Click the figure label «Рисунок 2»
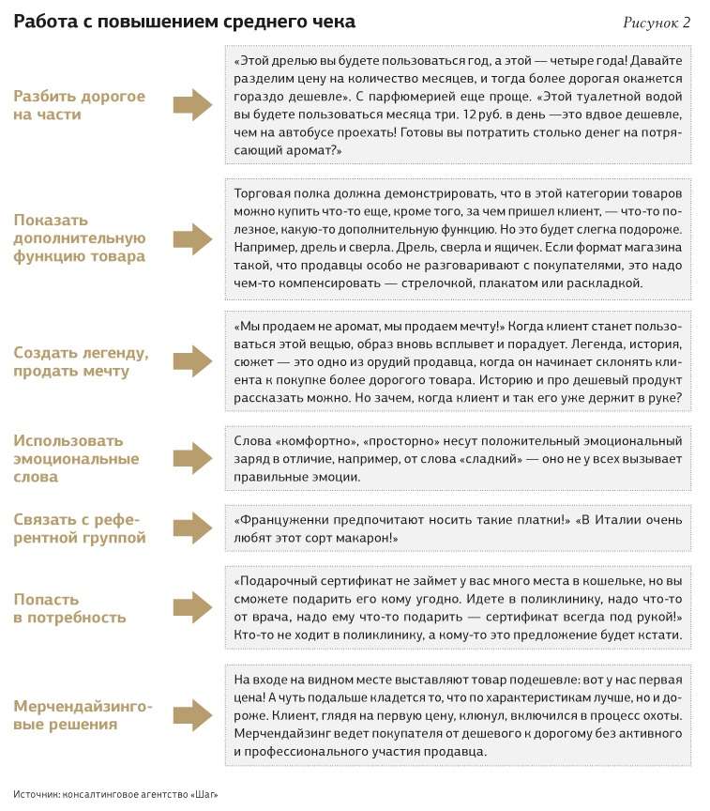pyautogui.click(x=657, y=23)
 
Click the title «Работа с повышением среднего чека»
pyautogui.click(x=184, y=22)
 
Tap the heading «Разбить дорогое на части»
pyautogui.click(x=79, y=105)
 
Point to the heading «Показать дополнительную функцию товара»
pyautogui.click(x=79, y=238)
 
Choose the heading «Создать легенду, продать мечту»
pyautogui.click(x=81, y=361)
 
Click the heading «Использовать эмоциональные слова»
pyautogui.click(x=76, y=458)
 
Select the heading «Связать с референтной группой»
pyautogui.click(x=80, y=528)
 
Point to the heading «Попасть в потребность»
pyautogui.click(x=69, y=608)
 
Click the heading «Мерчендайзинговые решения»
pyautogui.click(x=83, y=714)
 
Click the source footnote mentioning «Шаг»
pyautogui.click(x=115, y=794)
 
